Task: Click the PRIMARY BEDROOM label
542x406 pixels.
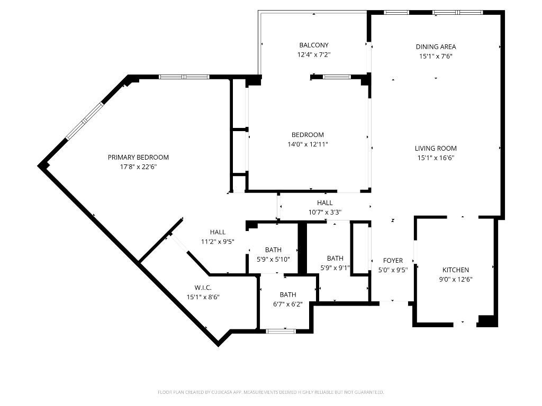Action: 138,157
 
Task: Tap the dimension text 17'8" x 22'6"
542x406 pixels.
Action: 138,167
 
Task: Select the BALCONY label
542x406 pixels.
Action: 313,45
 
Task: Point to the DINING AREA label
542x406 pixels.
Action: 436,47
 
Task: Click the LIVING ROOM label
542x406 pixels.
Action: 436,149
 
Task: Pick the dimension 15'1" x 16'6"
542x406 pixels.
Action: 436,158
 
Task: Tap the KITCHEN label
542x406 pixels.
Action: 455,270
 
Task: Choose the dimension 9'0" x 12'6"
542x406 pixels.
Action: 455,279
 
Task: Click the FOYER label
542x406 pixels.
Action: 393,261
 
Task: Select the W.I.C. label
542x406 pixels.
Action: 203,288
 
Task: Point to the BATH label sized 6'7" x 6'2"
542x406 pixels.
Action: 288,294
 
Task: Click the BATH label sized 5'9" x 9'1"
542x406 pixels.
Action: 335,258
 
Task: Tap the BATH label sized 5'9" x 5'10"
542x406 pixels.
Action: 274,250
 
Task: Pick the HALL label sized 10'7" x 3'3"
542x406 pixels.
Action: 325,202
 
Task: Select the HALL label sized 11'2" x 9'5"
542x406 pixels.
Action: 218,232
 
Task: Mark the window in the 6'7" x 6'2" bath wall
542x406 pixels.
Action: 281,331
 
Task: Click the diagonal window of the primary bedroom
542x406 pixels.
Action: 85,122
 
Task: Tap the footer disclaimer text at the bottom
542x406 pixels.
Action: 270,392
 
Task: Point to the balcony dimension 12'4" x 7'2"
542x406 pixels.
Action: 313,54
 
